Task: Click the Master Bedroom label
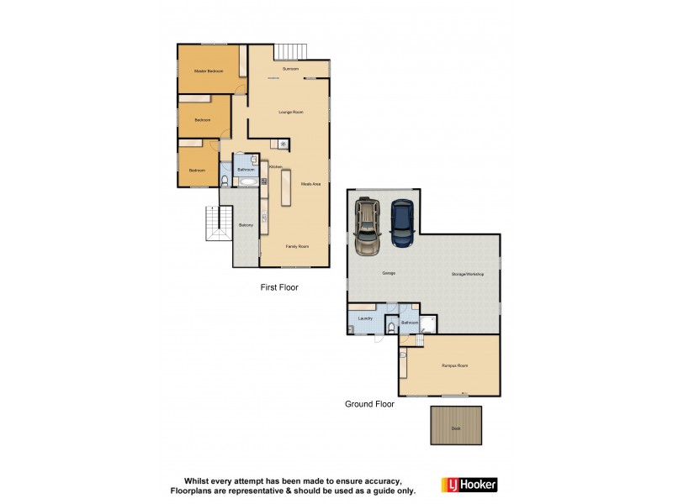(x=208, y=71)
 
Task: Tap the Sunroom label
(x=291, y=68)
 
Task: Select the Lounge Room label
(x=291, y=112)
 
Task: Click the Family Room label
(x=295, y=246)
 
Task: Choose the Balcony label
(x=246, y=225)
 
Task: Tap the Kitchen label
(x=275, y=167)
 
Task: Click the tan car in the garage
(x=368, y=226)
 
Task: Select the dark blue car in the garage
(x=403, y=224)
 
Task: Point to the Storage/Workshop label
(x=467, y=274)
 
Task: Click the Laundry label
(x=365, y=318)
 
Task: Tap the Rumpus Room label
(x=455, y=365)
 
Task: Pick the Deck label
(x=456, y=428)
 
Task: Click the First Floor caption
(x=279, y=287)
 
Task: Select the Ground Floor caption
(x=369, y=404)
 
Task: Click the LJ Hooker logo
(x=469, y=485)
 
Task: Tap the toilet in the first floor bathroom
(x=225, y=179)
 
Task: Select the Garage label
(x=389, y=274)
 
